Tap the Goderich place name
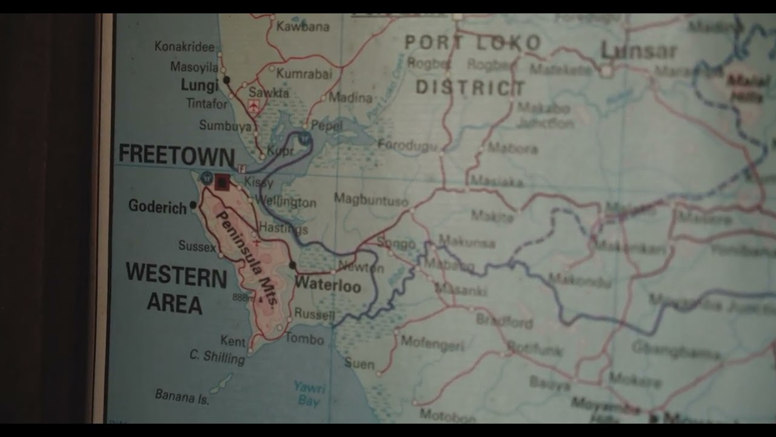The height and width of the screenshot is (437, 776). coord(158,207)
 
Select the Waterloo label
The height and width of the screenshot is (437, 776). coord(327,285)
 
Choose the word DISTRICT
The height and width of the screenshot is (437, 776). coord(470,87)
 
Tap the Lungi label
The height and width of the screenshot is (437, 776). coord(199,86)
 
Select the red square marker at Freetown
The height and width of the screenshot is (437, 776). coord(222,181)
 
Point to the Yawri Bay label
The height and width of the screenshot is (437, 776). coord(310,393)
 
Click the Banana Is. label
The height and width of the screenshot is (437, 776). coord(182,396)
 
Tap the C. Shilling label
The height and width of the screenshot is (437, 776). coord(217,356)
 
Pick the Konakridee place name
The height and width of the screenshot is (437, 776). coord(184,47)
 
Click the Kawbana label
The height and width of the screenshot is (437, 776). coord(303,27)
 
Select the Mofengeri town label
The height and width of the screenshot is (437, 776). coord(432,344)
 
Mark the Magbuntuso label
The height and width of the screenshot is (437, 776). coord(371,199)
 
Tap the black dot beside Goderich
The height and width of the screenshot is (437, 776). coord(193,205)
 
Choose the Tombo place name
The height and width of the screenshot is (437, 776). coord(304,339)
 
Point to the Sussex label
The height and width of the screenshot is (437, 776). coord(197,246)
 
